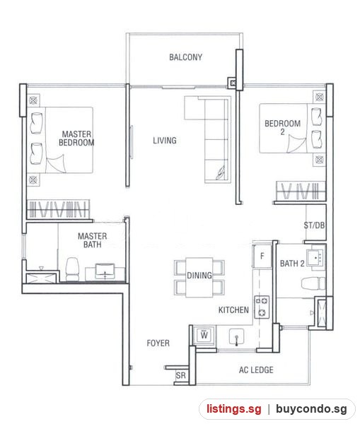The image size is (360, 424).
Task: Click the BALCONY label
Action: click(186, 57)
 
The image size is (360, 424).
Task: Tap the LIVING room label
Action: click(165, 141)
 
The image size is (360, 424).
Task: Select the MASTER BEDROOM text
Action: click(76, 139)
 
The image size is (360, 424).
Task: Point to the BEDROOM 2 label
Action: click(283, 128)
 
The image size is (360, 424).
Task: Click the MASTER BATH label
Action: click(93, 240)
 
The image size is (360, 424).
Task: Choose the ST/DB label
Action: click(314, 225)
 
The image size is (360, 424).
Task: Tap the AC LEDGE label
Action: click(256, 370)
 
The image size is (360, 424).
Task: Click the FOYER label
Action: click(158, 343)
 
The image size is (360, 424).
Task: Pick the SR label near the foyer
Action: click(181, 375)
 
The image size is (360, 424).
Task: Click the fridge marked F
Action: click(262, 256)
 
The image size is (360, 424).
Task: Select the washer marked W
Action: click(204, 335)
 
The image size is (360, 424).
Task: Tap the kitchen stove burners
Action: click(262, 307)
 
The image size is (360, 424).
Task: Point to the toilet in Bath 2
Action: click(313, 283)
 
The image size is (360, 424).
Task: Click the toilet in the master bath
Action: click(72, 269)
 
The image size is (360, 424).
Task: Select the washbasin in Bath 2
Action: click(315, 257)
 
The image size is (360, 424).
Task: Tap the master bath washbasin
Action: click(105, 272)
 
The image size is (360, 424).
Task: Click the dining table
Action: click(199, 277)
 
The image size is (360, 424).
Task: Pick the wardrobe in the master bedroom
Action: click(59, 209)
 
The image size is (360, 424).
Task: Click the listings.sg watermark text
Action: click(234, 409)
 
